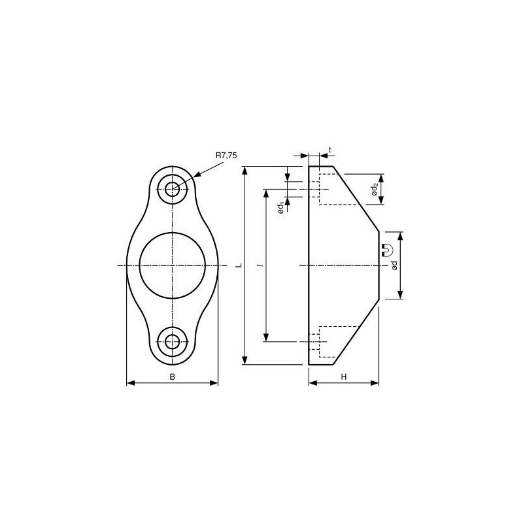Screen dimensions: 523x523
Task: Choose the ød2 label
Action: [x=374, y=189]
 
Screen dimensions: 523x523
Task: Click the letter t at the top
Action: [x=330, y=150]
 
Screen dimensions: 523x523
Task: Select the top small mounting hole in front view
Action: [x=173, y=189]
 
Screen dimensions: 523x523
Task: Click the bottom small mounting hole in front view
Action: [x=173, y=341]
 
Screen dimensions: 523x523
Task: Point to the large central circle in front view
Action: [x=173, y=265]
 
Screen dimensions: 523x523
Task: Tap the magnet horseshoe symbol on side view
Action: [x=387, y=249]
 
